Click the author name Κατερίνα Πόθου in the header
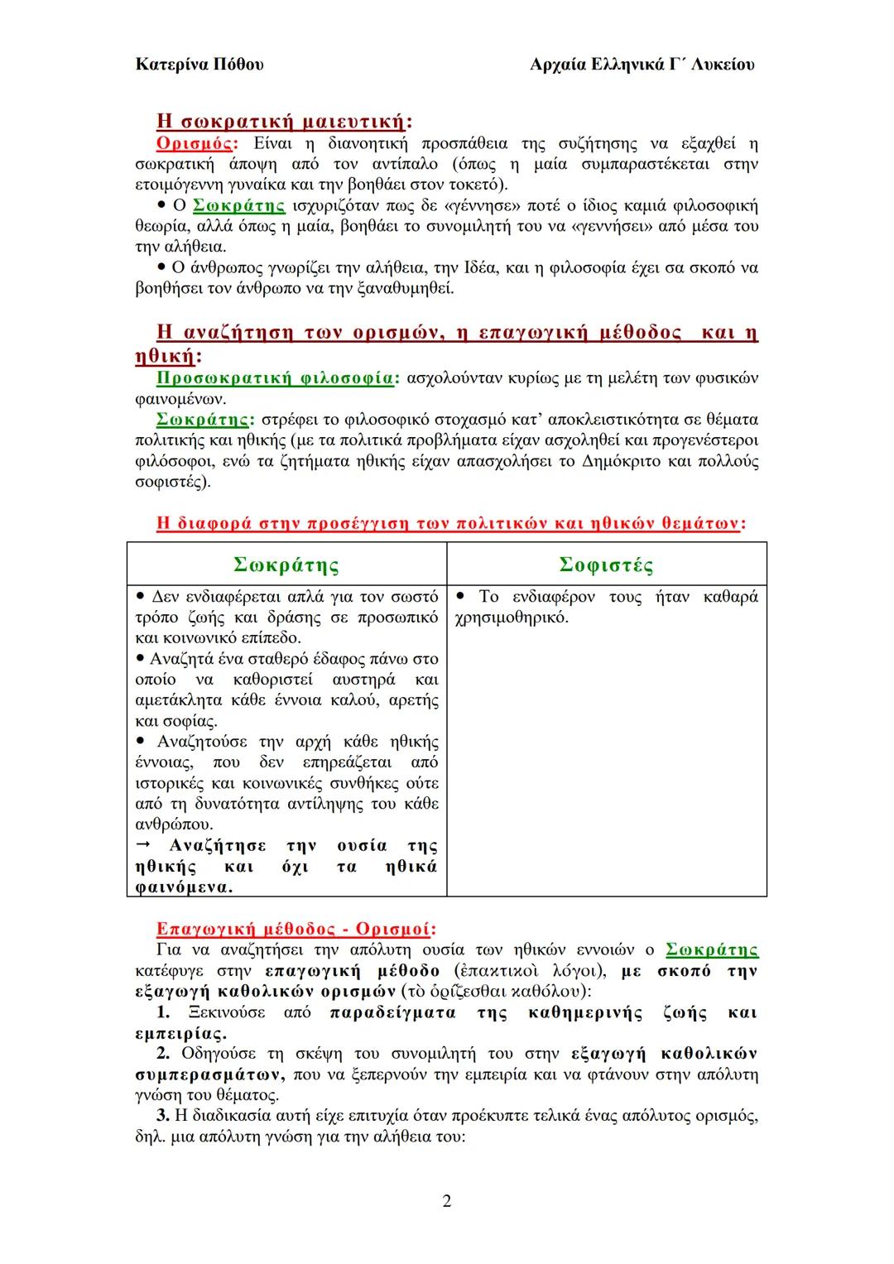tap(199, 64)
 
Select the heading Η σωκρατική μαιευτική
tap(281, 122)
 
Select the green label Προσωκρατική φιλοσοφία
tap(275, 378)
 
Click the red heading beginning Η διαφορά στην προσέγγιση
tap(447, 523)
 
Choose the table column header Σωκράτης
tap(286, 565)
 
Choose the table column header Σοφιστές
tap(606, 565)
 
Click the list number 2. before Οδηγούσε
tap(163, 1054)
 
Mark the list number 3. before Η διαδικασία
tap(163, 1116)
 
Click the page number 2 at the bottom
tap(447, 1201)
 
